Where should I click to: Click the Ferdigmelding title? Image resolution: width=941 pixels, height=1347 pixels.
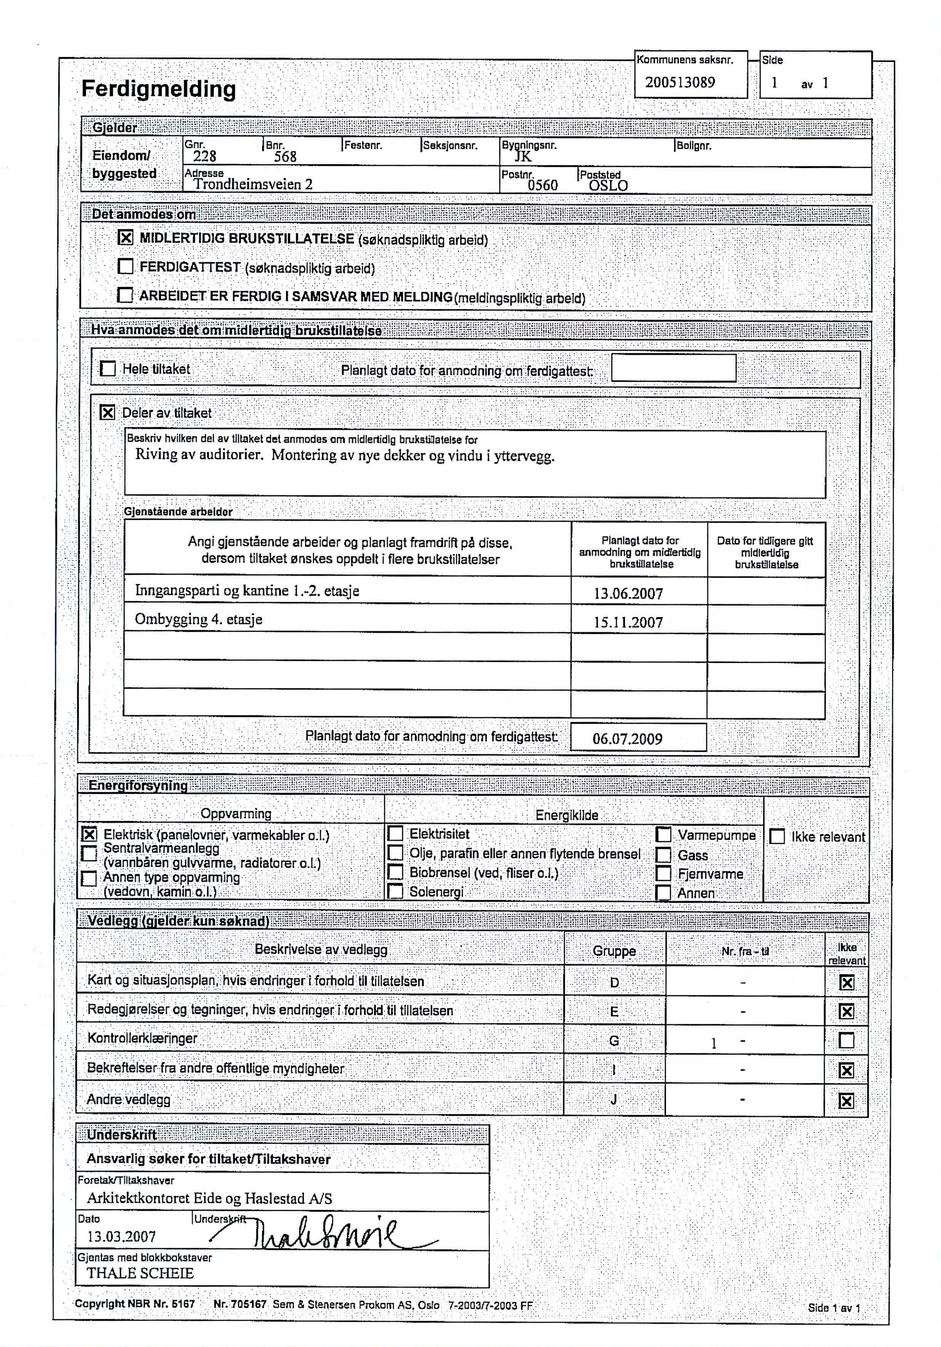159,89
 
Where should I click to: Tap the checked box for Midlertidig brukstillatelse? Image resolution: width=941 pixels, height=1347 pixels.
125,238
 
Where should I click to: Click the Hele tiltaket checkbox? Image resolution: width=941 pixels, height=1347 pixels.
108,369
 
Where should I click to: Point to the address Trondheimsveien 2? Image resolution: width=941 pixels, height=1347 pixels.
253,184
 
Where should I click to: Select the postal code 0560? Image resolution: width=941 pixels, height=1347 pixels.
542,185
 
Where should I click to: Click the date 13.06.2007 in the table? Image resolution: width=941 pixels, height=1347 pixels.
628,594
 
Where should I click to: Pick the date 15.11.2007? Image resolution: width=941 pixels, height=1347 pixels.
628,623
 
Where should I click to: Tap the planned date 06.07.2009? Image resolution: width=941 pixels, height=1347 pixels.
627,739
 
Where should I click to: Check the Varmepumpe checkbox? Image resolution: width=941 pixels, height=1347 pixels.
663,834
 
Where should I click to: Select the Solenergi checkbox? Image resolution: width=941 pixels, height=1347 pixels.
396,892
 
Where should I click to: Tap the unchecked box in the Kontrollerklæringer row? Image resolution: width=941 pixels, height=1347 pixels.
846,1040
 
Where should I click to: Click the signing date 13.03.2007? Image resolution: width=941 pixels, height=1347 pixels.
121,1237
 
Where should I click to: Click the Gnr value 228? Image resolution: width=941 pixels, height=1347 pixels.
204,156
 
